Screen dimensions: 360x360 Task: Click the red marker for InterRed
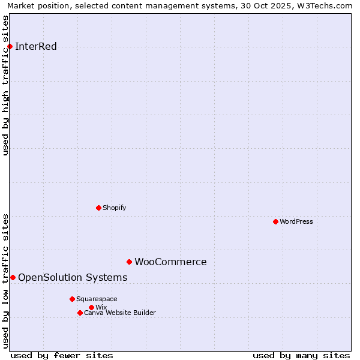point(10,46)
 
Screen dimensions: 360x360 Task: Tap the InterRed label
point(35,47)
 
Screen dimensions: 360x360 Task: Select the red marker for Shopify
point(98,208)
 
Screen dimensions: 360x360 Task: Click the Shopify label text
point(114,208)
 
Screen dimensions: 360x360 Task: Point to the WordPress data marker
point(275,221)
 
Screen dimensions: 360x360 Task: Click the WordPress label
point(296,221)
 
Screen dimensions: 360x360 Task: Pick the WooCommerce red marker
point(129,262)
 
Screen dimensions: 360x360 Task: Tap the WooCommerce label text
point(170,262)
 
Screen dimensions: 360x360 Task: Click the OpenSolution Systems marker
point(13,277)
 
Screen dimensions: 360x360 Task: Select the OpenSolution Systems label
point(73,277)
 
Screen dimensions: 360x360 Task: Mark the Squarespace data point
point(72,299)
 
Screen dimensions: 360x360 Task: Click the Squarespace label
point(97,299)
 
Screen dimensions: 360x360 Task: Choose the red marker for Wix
point(91,307)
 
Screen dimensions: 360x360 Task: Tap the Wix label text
point(101,307)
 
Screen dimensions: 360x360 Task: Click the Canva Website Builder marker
point(80,313)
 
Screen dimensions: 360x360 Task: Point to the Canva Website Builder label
point(119,313)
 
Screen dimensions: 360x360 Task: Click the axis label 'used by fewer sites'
point(62,355)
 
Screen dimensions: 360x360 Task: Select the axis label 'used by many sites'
point(301,355)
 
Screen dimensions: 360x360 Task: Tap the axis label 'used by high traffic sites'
point(6,85)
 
